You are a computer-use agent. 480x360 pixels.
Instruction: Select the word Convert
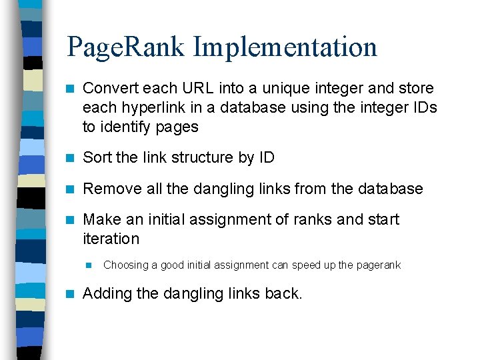[109, 88]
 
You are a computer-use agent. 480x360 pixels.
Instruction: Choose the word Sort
[97, 158]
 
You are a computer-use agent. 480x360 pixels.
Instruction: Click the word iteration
[111, 239]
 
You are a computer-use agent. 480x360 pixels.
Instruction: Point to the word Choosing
[126, 265]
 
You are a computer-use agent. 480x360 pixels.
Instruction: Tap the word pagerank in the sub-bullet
[379, 265]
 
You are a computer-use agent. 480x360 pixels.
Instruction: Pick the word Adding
[107, 293]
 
